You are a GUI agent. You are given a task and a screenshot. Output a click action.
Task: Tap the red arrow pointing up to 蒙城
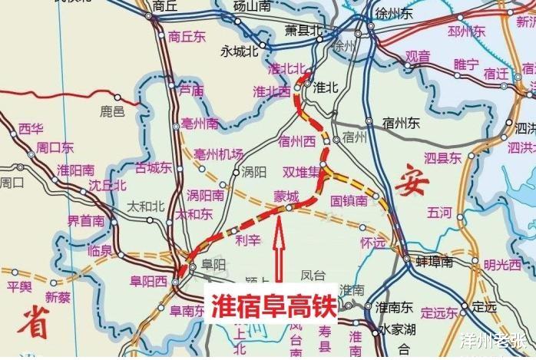click(281, 249)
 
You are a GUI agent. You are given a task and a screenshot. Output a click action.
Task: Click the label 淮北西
click(271, 91)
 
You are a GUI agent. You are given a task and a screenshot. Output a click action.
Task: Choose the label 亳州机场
click(219, 153)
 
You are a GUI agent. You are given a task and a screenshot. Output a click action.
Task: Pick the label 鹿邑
click(112, 112)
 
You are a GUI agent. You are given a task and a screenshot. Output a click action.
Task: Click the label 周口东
click(55, 147)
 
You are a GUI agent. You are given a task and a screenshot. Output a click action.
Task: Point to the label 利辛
click(249, 240)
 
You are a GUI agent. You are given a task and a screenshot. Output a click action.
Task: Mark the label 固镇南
click(349, 200)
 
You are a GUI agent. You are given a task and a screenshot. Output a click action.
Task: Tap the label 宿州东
click(404, 122)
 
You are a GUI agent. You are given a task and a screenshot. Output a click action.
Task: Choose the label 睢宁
click(466, 64)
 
